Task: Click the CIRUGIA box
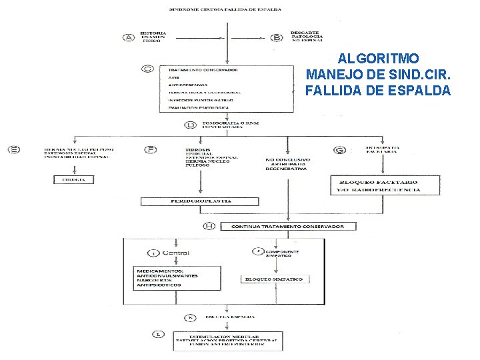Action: coord(74,180)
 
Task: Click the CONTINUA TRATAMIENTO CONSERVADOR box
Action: coord(287,227)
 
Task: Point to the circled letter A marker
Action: coord(129,37)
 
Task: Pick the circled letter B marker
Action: coord(277,37)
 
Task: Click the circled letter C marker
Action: coord(148,68)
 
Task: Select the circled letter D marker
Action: coord(191,125)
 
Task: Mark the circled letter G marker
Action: coord(340,151)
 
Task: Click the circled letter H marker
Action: coord(209,227)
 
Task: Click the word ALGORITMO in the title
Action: coord(377,58)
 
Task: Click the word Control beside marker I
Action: coord(175,253)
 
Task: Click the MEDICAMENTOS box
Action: coord(177,277)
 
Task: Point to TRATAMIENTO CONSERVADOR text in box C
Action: coord(203,69)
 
